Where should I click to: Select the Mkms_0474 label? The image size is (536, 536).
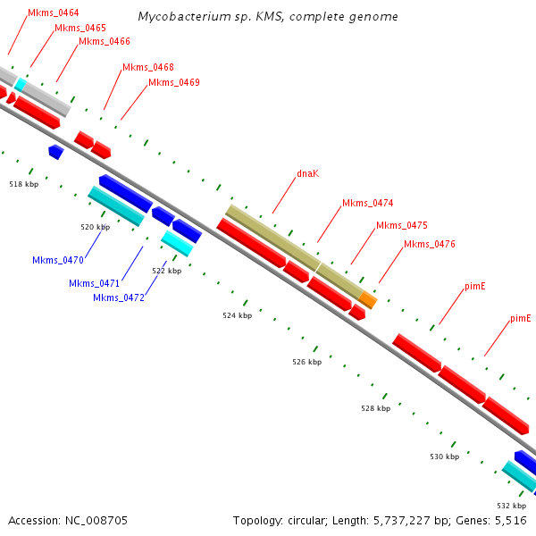(x=367, y=203)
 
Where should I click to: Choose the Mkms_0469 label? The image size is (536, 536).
(x=174, y=82)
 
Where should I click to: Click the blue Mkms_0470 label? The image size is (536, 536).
(x=58, y=260)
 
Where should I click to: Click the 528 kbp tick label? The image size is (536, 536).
(x=376, y=408)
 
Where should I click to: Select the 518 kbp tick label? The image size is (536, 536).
(x=23, y=184)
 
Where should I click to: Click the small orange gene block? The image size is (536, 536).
(x=368, y=300)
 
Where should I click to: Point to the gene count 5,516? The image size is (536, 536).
(x=509, y=520)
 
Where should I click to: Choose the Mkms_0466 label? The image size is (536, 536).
(x=105, y=41)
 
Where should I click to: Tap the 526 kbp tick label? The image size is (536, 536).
(x=306, y=362)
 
